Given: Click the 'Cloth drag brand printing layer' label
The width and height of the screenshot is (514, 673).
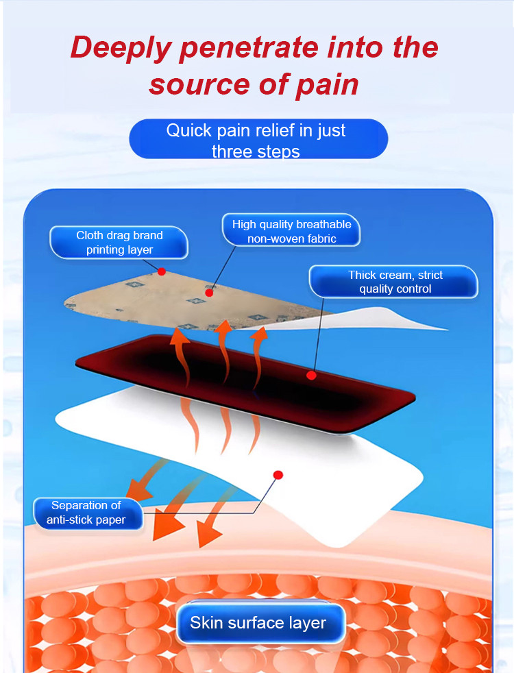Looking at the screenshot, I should pyautogui.click(x=119, y=243).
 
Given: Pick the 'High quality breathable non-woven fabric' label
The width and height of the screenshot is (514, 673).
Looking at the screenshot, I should pyautogui.click(x=291, y=232).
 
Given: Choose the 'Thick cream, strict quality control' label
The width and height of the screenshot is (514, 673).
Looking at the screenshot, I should pyautogui.click(x=395, y=282).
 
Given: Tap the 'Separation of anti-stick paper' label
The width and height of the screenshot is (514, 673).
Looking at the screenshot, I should pyautogui.click(x=86, y=513).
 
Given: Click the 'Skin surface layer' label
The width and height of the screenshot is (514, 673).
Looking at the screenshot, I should pyautogui.click(x=258, y=623).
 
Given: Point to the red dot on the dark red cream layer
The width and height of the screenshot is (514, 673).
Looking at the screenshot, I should pyautogui.click(x=311, y=375).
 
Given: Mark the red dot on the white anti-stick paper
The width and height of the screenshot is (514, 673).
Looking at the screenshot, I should pyautogui.click(x=278, y=474).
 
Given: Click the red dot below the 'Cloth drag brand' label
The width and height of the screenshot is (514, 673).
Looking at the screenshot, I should pyautogui.click(x=162, y=271).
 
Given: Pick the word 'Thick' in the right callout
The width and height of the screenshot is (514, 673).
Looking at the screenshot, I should pyautogui.click(x=362, y=275).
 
